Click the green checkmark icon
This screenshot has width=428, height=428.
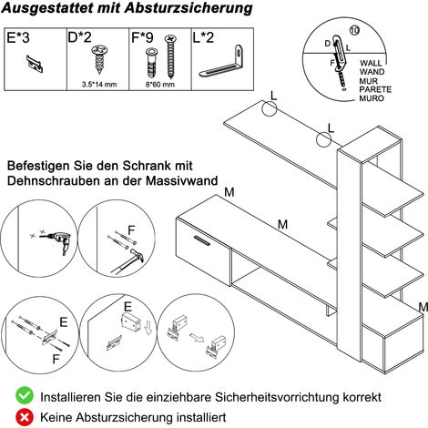(25, 395)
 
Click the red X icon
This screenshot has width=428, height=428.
(25, 417)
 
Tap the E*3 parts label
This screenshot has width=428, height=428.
(18, 38)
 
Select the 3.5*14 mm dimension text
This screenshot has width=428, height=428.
(99, 85)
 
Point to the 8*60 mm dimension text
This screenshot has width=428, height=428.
(160, 85)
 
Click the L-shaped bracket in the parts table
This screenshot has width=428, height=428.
(222, 61)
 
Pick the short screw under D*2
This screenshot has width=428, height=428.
(99, 59)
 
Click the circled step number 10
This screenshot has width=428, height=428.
(354, 30)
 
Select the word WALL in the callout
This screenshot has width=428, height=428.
(371, 63)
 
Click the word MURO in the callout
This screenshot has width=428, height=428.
(372, 98)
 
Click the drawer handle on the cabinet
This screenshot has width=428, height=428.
(202, 239)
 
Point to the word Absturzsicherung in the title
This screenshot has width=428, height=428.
(189, 8)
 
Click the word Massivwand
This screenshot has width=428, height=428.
(182, 180)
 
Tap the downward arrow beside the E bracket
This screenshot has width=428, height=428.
(148, 328)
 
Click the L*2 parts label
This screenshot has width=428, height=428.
(203, 37)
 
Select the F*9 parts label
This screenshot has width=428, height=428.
(142, 37)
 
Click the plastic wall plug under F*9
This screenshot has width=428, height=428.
(151, 63)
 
